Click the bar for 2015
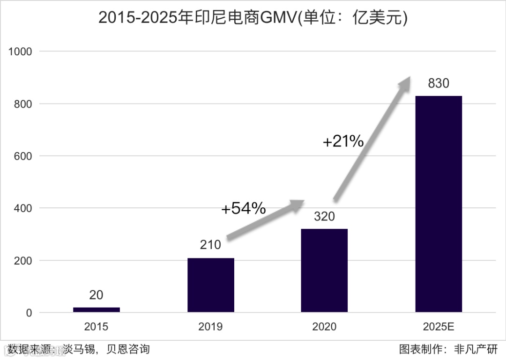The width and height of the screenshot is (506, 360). pyautogui.click(x=97, y=309)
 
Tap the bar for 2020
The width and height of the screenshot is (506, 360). pyautogui.click(x=324, y=270)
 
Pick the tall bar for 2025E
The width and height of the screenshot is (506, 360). pyautogui.click(x=438, y=204)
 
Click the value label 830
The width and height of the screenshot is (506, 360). pyautogui.click(x=438, y=83)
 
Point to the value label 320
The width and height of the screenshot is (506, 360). pyautogui.click(x=324, y=217)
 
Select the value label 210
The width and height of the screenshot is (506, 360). pyautogui.click(x=210, y=245)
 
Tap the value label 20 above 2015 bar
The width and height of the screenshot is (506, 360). pyautogui.click(x=96, y=295)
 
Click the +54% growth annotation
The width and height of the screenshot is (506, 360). pyautogui.click(x=243, y=208)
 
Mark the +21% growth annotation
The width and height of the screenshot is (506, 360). pyautogui.click(x=343, y=141)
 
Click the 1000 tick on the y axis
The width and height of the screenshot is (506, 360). pyautogui.click(x=20, y=51)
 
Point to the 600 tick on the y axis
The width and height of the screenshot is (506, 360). pyautogui.click(x=23, y=156)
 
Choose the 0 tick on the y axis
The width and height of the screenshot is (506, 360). pyautogui.click(x=29, y=313)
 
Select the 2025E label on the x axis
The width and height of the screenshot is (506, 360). pyautogui.click(x=438, y=326)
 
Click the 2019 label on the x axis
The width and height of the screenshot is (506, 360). pyautogui.click(x=210, y=326)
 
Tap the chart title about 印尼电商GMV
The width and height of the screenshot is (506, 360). pyautogui.click(x=253, y=18)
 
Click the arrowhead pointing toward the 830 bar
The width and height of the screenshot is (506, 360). pyautogui.click(x=404, y=84)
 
